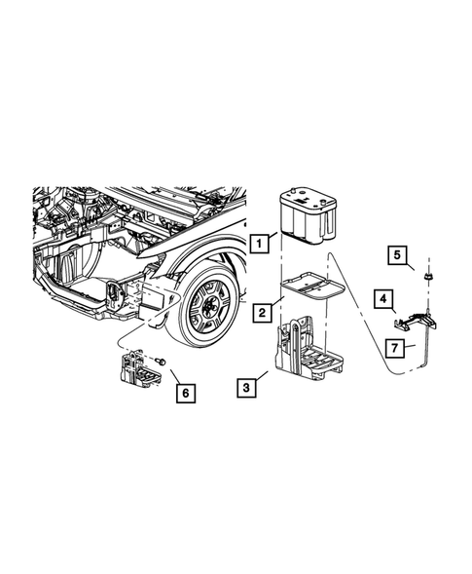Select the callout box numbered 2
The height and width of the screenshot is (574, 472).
coord(263,313)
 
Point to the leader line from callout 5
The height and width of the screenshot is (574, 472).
coord(417,267)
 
